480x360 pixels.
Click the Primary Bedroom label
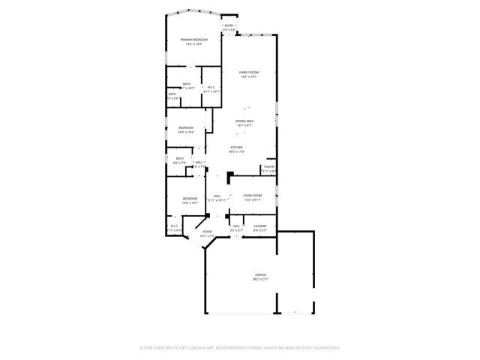point(193,39)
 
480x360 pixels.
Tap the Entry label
point(229,25)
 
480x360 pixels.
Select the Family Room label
point(249,72)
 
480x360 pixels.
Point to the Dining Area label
point(244,121)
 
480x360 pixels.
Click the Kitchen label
point(236,147)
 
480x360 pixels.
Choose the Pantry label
point(269,166)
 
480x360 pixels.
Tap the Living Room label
point(252,195)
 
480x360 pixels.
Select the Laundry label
point(259,226)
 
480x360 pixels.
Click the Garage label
point(259,274)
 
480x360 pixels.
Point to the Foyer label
point(206,232)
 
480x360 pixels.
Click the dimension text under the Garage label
point(259,279)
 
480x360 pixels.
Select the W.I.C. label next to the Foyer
point(173,226)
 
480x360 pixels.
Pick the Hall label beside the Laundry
point(235,226)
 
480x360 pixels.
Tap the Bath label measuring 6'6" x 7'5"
point(180,158)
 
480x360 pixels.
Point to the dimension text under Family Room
point(249,76)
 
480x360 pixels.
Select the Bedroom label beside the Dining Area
point(186,127)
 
